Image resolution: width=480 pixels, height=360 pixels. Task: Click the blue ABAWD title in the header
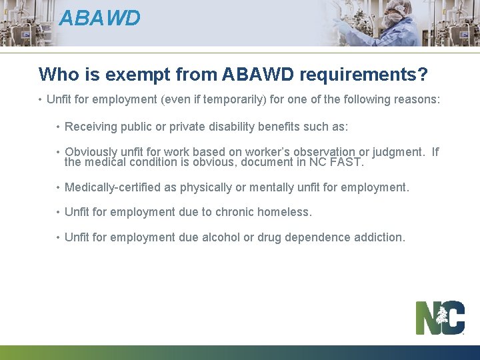99,18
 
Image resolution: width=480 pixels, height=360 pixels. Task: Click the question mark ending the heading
422,74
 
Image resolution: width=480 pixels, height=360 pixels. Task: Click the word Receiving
92,126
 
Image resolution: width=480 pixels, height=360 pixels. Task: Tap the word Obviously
91,152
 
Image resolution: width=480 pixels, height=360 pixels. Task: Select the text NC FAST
338,162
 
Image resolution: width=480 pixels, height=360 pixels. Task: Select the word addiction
379,237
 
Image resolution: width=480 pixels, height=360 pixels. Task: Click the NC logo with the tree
440,318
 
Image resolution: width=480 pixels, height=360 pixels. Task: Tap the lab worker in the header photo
387,23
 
